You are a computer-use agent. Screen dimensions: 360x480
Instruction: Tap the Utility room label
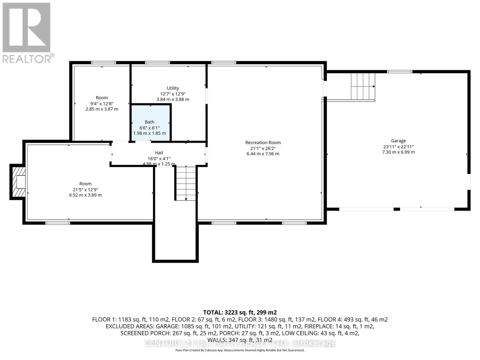pyautogui.click(x=173, y=88)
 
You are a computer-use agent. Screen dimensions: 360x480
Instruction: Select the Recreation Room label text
pyautogui.click(x=263, y=142)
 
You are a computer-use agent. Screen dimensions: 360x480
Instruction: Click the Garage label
pyautogui.click(x=398, y=141)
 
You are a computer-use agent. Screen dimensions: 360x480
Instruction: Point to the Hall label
pyautogui.click(x=159, y=153)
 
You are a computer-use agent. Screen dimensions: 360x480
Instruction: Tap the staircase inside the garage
pyautogui.click(x=363, y=87)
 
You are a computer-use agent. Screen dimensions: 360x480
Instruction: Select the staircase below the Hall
pyautogui.click(x=186, y=183)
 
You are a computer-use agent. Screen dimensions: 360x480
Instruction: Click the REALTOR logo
pyautogui.click(x=27, y=33)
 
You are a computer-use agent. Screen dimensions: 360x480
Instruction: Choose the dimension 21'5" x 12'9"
pyautogui.click(x=85, y=190)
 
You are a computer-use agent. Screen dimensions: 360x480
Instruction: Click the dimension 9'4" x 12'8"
pyautogui.click(x=102, y=103)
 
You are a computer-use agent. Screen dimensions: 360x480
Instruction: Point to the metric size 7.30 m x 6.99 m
pyautogui.click(x=398, y=152)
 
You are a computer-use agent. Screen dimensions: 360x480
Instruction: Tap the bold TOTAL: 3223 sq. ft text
pyautogui.click(x=240, y=312)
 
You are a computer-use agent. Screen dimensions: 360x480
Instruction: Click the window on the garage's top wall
pyautogui.click(x=400, y=72)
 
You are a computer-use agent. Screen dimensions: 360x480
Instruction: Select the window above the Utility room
pyautogui.click(x=157, y=63)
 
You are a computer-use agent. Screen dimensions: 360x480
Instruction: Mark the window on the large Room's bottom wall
pyautogui.click(x=58, y=223)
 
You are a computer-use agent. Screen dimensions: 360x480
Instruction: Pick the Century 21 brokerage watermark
pyautogui.click(x=240, y=343)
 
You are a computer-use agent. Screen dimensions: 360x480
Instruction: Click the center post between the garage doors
pyautogui.click(x=397, y=209)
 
